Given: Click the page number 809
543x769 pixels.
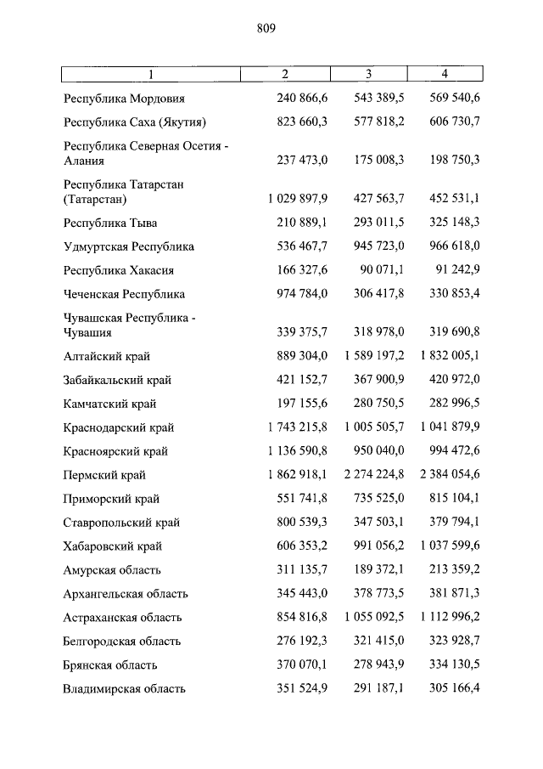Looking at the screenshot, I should pos(266,28).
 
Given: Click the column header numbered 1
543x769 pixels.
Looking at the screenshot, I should pos(151,74).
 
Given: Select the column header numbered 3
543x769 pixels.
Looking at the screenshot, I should pos(369,74).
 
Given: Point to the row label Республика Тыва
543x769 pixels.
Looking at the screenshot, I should pos(110,223).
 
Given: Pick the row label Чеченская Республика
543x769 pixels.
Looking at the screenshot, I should pos(124,294).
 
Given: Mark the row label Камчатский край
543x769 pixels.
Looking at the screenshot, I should pos(110,404).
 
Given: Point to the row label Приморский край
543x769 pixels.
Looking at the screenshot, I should pos(111,500).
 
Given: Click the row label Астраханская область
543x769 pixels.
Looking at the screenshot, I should pos(122,618).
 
